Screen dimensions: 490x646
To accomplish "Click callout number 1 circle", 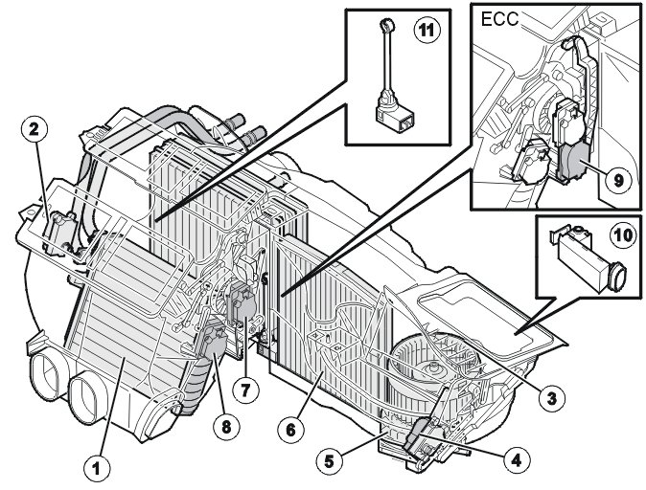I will click(95, 469).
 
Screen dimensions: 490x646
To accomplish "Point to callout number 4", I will click(518, 459).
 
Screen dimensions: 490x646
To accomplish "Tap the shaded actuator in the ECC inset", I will click(579, 161).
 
